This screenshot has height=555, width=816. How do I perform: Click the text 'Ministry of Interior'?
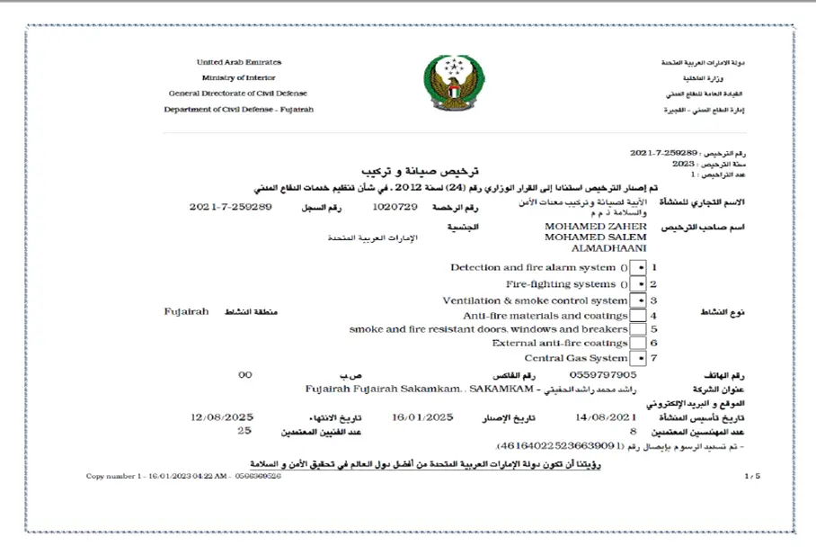click(238, 78)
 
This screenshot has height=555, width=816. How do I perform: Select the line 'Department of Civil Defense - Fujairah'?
click(238, 110)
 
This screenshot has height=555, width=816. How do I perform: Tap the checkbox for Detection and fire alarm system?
click(638, 268)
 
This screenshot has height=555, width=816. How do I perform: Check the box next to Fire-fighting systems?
click(638, 284)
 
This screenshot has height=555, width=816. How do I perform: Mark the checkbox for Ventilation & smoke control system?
click(638, 300)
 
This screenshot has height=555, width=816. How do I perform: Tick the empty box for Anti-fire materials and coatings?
click(638, 316)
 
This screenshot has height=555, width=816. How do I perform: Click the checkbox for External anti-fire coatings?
click(638, 344)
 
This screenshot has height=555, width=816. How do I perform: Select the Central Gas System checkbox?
click(638, 358)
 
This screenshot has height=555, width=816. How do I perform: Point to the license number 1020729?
click(395, 207)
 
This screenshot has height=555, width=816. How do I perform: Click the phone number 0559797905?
click(603, 374)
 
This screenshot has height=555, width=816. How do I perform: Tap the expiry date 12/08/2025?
click(222, 417)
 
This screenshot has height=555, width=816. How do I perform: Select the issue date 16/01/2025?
click(422, 417)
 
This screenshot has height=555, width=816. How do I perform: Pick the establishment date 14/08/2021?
click(605, 417)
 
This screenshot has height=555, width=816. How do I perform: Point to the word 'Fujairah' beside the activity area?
click(186, 311)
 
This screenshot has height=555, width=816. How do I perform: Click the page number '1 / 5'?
click(752, 475)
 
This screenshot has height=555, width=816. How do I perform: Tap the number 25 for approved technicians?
click(244, 431)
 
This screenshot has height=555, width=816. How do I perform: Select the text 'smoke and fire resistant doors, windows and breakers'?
click(488, 329)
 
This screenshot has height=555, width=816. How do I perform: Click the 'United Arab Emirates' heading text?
click(238, 62)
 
